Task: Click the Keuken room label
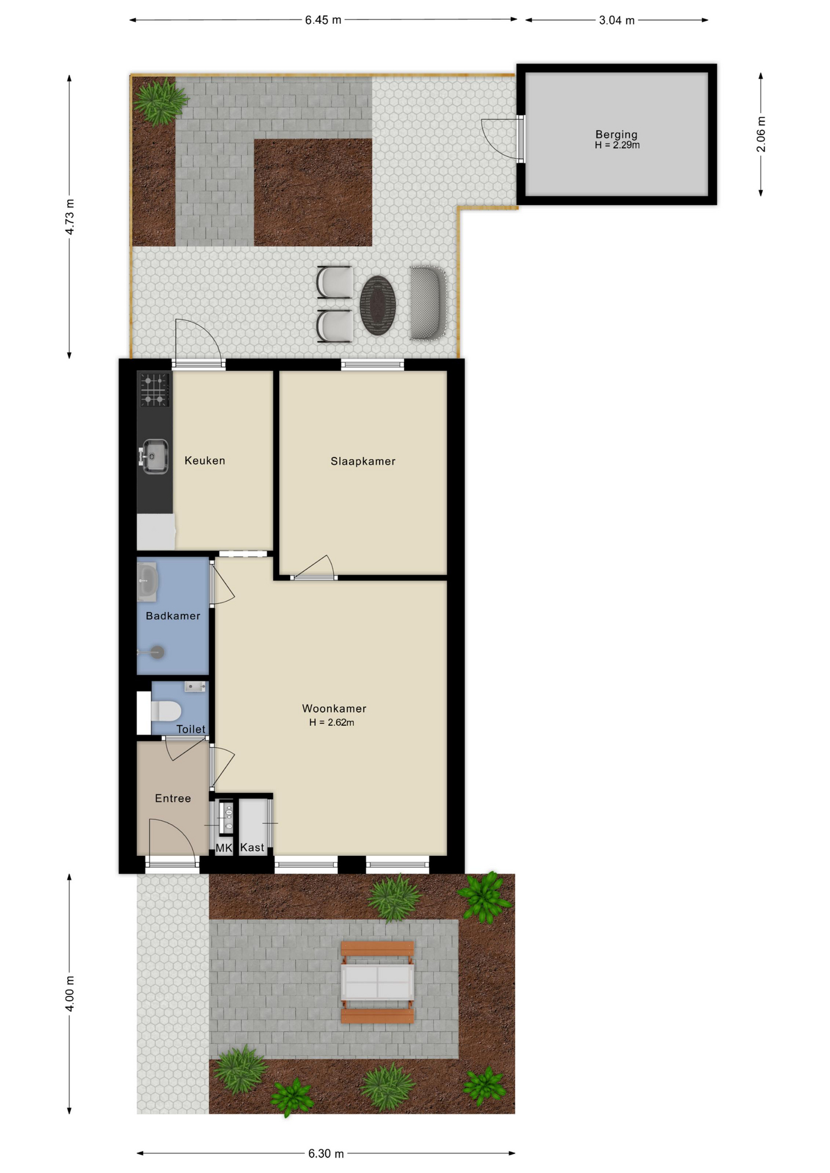(205, 461)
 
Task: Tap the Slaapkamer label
(363, 461)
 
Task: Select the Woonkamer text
(334, 709)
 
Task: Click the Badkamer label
(173, 616)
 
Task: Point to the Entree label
(173, 798)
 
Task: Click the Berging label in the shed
(617, 134)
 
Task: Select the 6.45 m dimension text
(323, 20)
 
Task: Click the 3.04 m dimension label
(617, 20)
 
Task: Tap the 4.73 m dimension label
(70, 217)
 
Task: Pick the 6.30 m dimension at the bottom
(326, 1153)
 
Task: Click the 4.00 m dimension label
(70, 994)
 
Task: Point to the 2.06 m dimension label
(761, 134)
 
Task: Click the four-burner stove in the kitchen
(155, 390)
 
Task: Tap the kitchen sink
(154, 456)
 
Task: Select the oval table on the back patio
(378, 305)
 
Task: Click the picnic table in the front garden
(377, 982)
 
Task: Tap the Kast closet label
(252, 847)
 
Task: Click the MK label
(224, 848)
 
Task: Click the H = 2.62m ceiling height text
(332, 722)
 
